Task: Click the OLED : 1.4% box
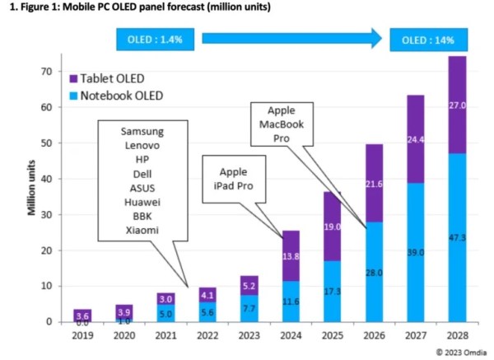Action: pos(149,38)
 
